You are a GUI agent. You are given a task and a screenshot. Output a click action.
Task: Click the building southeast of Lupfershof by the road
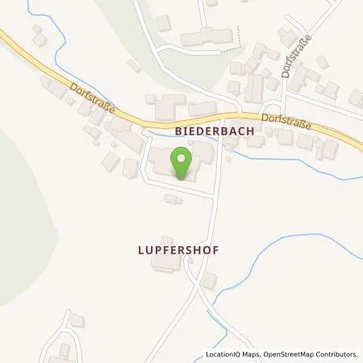point(208,279)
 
